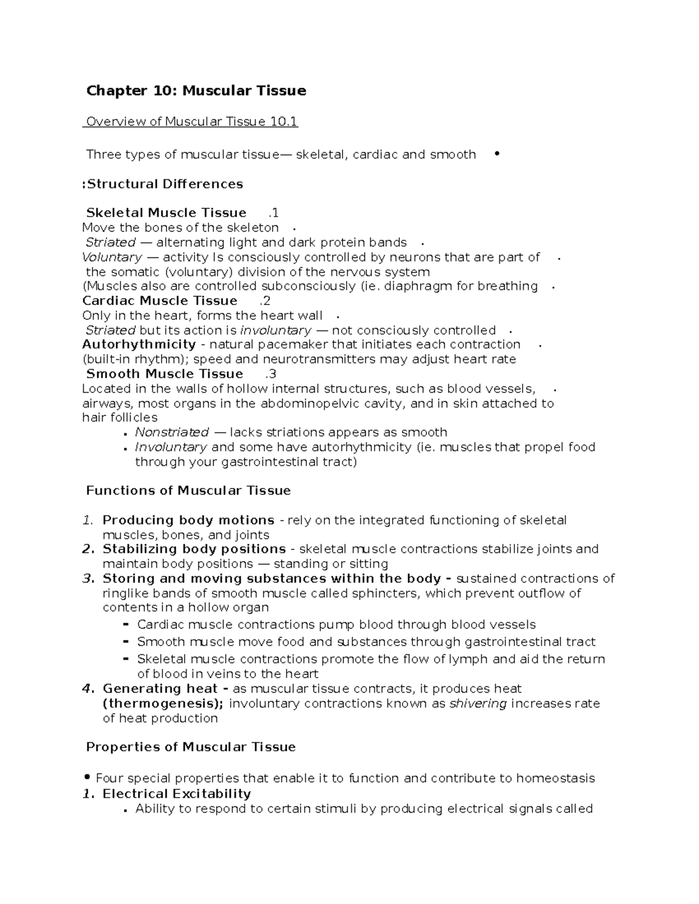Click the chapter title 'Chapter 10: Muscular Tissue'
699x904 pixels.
[196, 91]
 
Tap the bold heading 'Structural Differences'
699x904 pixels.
[165, 184]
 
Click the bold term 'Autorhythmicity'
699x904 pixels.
[139, 345]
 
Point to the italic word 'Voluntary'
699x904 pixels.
[112, 257]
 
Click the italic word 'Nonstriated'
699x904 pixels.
[172, 432]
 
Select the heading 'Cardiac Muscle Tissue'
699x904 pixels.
[160, 301]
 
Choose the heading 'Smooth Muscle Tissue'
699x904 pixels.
[164, 374]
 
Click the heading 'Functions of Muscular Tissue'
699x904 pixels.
[188, 491]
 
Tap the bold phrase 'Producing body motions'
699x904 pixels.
[188, 520]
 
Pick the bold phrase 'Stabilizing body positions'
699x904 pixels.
[194, 549]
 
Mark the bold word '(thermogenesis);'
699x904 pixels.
[163, 703]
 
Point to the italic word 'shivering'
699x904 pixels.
[478, 703]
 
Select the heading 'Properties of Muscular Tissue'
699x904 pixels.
[190, 747]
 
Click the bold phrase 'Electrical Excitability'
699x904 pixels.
[176, 794]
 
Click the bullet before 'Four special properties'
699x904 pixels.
[87, 778]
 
